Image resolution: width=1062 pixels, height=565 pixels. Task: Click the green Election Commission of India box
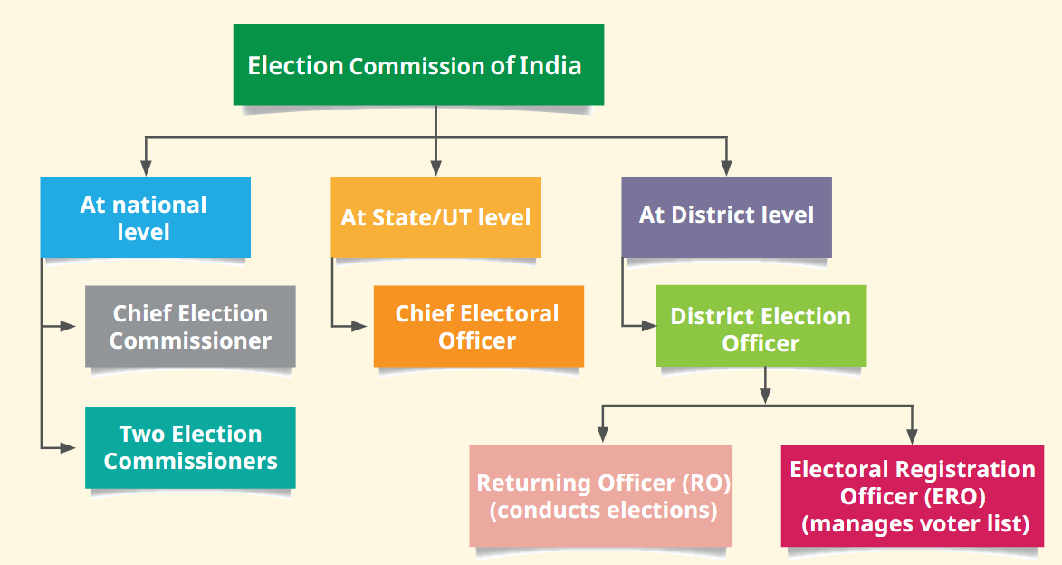(x=418, y=65)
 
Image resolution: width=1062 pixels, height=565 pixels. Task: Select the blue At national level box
(x=146, y=217)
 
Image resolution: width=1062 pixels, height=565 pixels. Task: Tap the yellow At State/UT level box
(x=436, y=217)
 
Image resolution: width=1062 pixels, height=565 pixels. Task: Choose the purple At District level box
(x=727, y=217)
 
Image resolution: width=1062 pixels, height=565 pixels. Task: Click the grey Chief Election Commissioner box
(x=190, y=327)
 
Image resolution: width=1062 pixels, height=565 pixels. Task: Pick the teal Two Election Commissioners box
(x=190, y=448)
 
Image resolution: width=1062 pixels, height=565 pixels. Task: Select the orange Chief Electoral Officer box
(x=479, y=327)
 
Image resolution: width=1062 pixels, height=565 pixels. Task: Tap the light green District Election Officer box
(x=761, y=327)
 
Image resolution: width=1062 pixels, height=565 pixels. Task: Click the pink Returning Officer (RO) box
(x=601, y=496)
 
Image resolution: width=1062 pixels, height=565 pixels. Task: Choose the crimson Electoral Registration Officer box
(x=913, y=496)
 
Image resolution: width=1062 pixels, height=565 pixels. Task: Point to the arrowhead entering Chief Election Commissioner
(x=68, y=327)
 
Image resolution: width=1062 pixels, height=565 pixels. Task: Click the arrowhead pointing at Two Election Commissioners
(x=68, y=448)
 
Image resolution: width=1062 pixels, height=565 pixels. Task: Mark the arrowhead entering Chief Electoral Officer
(x=359, y=327)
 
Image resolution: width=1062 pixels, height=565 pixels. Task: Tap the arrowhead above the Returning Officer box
(x=603, y=435)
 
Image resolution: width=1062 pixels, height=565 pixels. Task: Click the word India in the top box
(x=550, y=66)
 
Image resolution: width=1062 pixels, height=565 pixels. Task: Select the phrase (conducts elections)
(x=604, y=510)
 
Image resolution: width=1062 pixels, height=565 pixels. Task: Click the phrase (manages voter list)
(x=915, y=523)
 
